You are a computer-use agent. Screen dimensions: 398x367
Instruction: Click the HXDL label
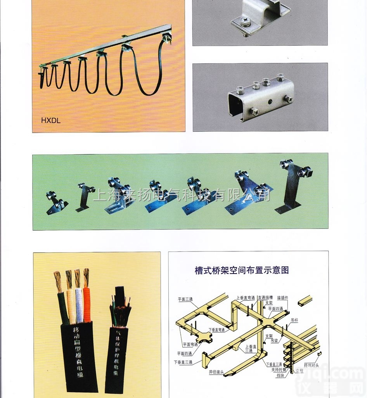(x=51, y=120)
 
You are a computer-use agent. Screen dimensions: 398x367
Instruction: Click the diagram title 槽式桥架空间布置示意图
(x=242, y=270)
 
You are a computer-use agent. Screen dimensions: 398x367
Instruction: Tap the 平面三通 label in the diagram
(x=185, y=299)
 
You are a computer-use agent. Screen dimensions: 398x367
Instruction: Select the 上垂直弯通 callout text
(x=245, y=298)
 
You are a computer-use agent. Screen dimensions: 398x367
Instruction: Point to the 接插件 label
(x=283, y=298)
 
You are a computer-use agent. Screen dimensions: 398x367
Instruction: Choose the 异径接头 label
(x=216, y=372)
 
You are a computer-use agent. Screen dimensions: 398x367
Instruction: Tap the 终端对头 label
(x=311, y=365)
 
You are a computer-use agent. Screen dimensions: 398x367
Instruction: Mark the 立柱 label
(x=299, y=371)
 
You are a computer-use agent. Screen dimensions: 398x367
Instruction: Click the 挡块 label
(x=280, y=375)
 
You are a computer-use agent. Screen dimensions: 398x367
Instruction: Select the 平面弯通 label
(x=190, y=344)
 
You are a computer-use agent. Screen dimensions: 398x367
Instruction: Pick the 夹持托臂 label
(x=279, y=370)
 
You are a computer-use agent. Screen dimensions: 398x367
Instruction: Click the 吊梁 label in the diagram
(x=274, y=341)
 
